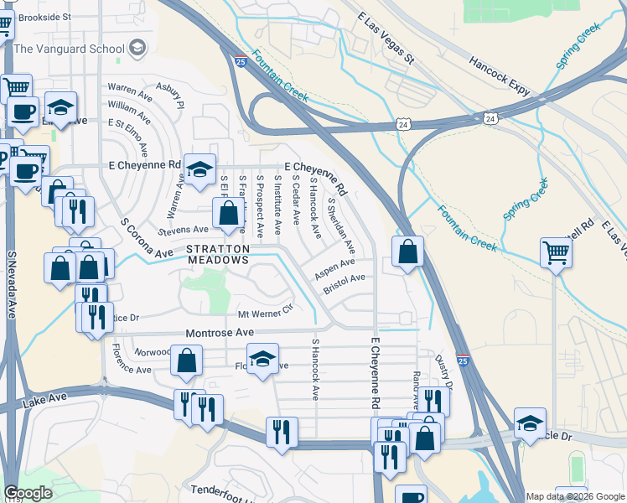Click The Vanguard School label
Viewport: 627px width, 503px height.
pyautogui.click(x=70, y=48)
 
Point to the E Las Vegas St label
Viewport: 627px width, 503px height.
pyautogui.click(x=386, y=39)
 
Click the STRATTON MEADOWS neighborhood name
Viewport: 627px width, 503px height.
pyautogui.click(x=218, y=255)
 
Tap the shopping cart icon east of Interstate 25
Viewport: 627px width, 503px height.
pyautogui.click(x=557, y=252)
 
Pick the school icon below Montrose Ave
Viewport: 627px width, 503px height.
pyautogui.click(x=262, y=360)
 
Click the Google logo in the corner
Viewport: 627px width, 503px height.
pyautogui.click(x=28, y=493)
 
